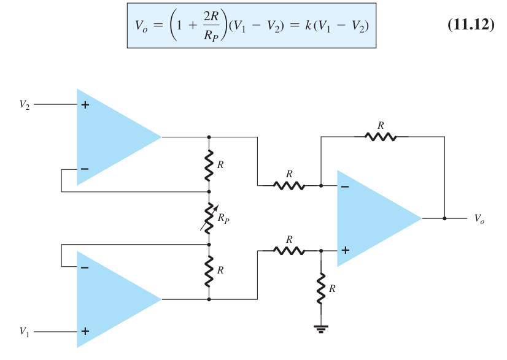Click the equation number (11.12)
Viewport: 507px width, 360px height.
pyautogui.click(x=471, y=25)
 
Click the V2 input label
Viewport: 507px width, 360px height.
pyautogui.click(x=25, y=105)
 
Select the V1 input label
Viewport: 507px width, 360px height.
pyautogui.click(x=25, y=332)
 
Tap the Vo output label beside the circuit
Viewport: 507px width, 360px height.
pyautogui.click(x=479, y=219)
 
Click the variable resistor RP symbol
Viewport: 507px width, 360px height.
pyautogui.click(x=209, y=218)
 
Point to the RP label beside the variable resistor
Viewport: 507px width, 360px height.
pyautogui.click(x=223, y=218)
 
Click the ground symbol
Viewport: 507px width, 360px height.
pyautogui.click(x=321, y=329)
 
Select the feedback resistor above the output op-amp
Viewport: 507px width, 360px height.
pyautogui.click(x=381, y=137)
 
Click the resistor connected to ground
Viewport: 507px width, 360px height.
pyautogui.click(x=321, y=288)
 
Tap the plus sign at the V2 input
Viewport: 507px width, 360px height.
pyautogui.click(x=85, y=105)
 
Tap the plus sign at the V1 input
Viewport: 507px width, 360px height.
pyautogui.click(x=85, y=331)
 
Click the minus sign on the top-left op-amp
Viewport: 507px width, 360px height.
pyautogui.click(x=85, y=169)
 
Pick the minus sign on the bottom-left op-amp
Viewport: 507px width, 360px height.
pyautogui.click(x=85, y=267)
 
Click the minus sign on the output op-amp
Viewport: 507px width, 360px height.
pyautogui.click(x=345, y=186)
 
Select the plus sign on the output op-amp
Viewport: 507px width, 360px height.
pyautogui.click(x=346, y=250)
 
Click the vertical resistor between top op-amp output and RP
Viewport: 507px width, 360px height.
pyautogui.click(x=209, y=165)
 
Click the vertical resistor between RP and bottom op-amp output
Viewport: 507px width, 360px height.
pyautogui.click(x=209, y=271)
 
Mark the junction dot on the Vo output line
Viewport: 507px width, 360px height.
pyautogui.click(x=444, y=218)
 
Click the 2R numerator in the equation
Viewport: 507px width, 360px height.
pyautogui.click(x=211, y=16)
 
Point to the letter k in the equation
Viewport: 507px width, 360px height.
pyautogui.click(x=309, y=25)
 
